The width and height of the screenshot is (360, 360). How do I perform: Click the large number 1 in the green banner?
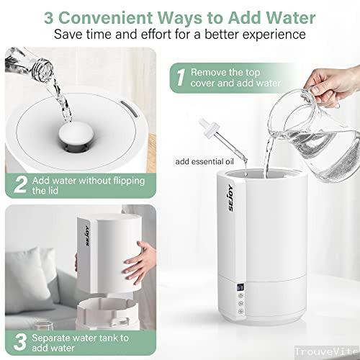pyautogui.click(x=181, y=78)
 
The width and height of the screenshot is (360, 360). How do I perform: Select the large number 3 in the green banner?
pyautogui.click(x=20, y=342)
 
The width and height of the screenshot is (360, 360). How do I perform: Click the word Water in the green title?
pyautogui.click(x=291, y=17)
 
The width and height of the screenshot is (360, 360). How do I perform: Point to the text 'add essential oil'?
pyautogui.click(x=204, y=161)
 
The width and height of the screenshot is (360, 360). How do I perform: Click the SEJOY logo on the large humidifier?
pyautogui.click(x=230, y=198)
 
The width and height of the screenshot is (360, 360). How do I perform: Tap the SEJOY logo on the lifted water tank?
pyautogui.click(x=88, y=235)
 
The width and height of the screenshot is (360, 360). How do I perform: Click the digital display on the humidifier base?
pyautogui.click(x=240, y=287)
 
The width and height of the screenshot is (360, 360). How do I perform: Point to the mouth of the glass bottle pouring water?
pyautogui.click(x=45, y=68)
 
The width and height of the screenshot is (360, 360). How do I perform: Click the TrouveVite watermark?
pyautogui.click(x=327, y=352)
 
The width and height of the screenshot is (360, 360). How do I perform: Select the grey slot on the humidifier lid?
pyautogui.click(x=130, y=109)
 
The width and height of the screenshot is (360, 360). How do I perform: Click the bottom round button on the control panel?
pyautogui.click(x=240, y=311)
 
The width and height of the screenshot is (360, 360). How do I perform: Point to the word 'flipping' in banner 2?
pyautogui.click(x=128, y=181)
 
